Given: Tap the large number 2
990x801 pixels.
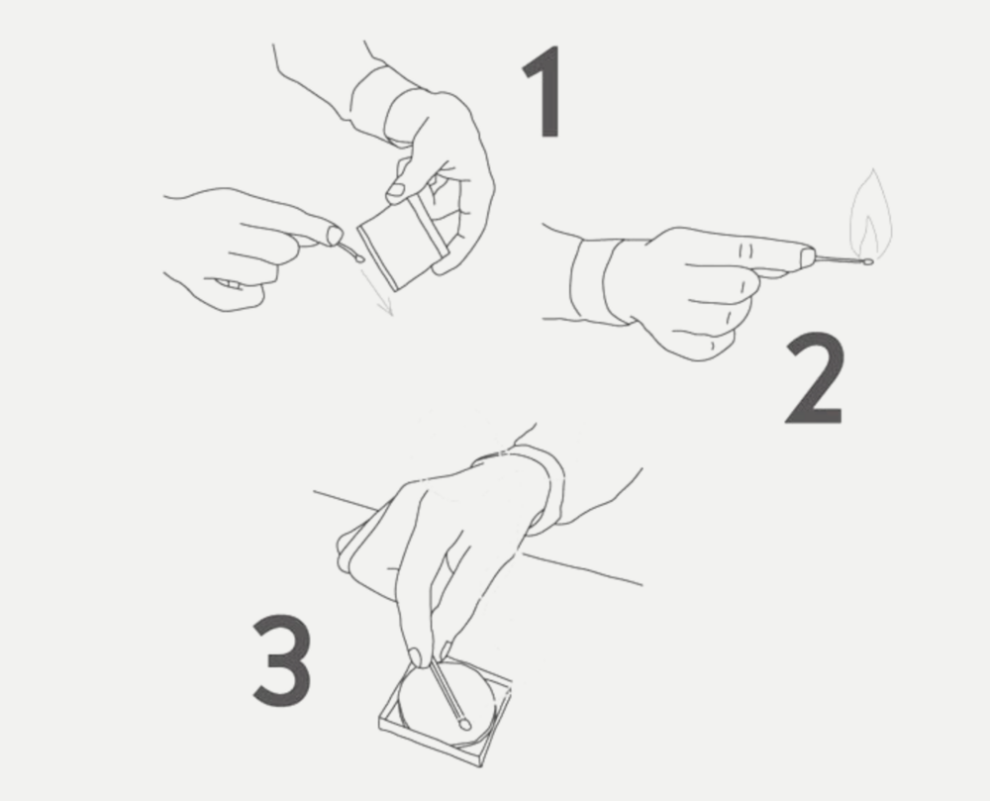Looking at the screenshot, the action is [814, 378].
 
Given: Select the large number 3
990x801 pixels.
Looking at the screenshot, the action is [282, 660].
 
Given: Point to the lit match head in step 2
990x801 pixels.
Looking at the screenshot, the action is [869, 260].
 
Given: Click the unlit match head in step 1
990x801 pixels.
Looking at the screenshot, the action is [359, 258].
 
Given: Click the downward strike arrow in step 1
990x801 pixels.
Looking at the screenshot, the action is [376, 290].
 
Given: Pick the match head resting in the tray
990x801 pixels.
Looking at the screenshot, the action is [464, 724].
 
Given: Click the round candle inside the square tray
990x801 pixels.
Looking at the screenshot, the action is [445, 702].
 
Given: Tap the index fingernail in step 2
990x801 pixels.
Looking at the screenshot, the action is [807, 257].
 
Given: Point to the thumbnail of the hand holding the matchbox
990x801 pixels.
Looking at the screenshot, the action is [396, 189].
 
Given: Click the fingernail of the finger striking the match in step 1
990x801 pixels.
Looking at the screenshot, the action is [335, 236].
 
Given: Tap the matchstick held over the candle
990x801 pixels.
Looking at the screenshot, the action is [447, 690].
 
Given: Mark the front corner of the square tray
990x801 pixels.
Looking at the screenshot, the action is [480, 765].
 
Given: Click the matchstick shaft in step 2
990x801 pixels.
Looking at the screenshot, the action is [840, 257].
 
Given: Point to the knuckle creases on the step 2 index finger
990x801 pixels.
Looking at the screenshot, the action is [745, 251].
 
